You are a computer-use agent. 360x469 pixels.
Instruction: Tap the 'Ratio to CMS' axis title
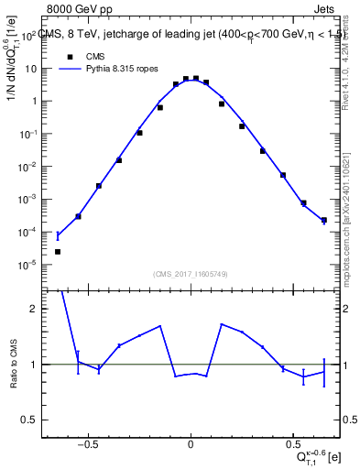[13, 364]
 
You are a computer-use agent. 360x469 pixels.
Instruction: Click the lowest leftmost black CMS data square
[58, 251]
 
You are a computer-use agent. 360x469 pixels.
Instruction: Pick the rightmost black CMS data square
[323, 220]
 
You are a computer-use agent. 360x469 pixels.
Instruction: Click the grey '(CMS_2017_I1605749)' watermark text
[191, 274]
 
